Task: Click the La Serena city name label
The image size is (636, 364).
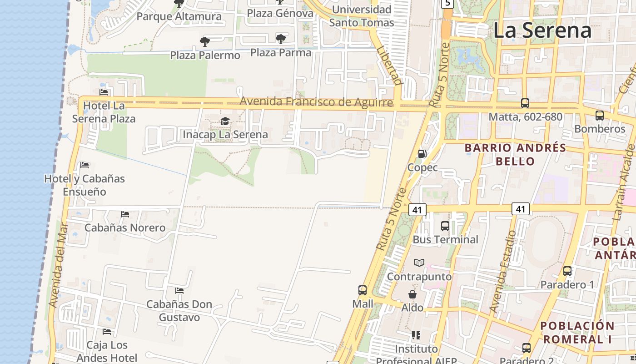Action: pos(542,30)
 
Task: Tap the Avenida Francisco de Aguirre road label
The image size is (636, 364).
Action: pos(316,101)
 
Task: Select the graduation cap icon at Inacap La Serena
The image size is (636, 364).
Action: pos(225,121)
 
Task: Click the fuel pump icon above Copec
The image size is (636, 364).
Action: pos(422,154)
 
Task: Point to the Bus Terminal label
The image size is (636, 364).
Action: pos(445,239)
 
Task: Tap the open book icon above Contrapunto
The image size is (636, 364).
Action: pos(419,263)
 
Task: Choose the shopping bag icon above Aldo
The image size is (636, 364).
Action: pos(412,294)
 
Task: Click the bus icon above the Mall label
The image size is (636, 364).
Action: pos(362,290)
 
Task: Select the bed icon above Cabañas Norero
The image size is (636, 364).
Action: pos(125,214)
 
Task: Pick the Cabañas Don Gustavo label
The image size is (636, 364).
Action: pos(179,310)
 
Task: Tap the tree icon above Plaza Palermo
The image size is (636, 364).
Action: pos(205,42)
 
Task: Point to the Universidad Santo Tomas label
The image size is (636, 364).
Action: pos(362,16)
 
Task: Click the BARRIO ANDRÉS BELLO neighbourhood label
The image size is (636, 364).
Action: pos(515,154)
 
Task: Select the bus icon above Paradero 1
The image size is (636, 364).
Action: pos(567,271)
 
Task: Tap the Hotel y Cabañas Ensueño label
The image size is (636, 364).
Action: pos(84,185)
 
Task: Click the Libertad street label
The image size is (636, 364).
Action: pos(390,65)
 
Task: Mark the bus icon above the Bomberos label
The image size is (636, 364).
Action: pos(599,116)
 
